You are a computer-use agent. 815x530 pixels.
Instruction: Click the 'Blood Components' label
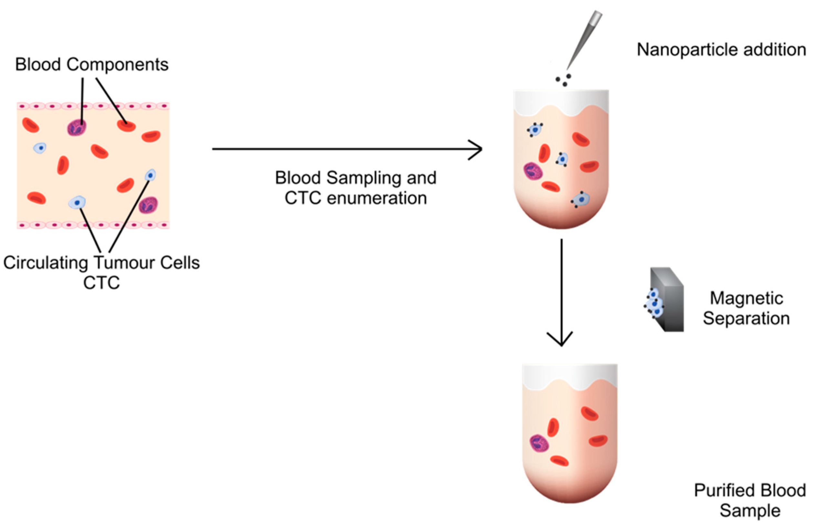(92, 64)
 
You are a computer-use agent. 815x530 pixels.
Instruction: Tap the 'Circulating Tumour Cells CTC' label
(101, 272)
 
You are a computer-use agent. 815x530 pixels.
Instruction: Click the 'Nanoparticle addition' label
(721, 50)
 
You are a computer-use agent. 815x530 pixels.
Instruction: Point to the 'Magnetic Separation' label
(746, 308)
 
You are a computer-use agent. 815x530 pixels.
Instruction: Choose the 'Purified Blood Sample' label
(750, 500)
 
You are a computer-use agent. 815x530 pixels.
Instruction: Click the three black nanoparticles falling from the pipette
(563, 80)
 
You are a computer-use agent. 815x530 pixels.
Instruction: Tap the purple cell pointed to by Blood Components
(76, 128)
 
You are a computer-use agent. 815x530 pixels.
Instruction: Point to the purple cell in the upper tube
(533, 171)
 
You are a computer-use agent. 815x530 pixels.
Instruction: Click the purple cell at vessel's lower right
(148, 205)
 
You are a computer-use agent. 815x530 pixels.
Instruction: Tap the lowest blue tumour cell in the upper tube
(580, 200)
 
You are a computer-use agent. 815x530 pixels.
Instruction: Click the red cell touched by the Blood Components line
(126, 126)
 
